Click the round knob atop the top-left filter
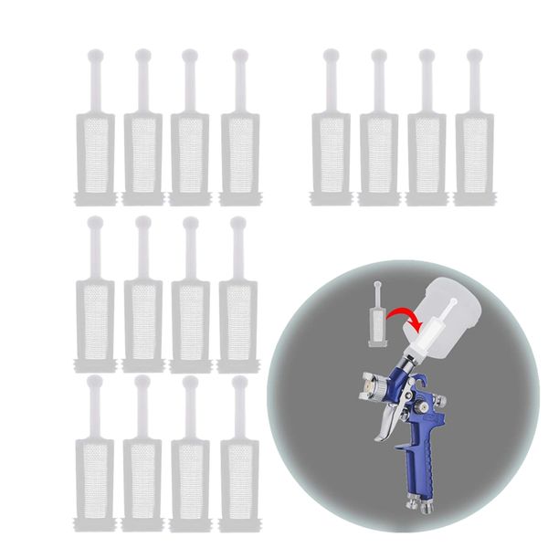93,56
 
